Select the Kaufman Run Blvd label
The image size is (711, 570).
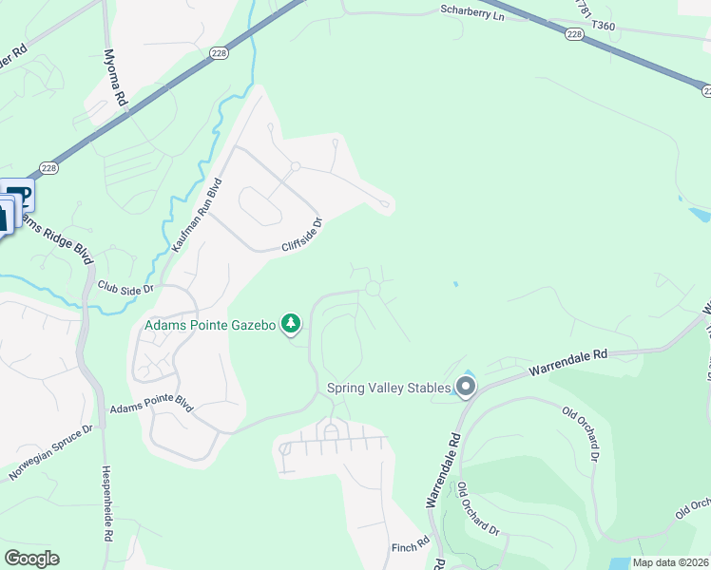198,214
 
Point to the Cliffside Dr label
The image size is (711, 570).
303,236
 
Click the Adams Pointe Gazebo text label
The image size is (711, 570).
210,325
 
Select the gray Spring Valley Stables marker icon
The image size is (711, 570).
466,387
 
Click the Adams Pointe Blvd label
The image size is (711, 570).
152,408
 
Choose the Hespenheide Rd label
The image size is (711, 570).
107,503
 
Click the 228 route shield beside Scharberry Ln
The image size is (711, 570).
573,33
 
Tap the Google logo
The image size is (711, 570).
31,559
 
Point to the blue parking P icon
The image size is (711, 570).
21,197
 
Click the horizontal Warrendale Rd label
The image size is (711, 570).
567,360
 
